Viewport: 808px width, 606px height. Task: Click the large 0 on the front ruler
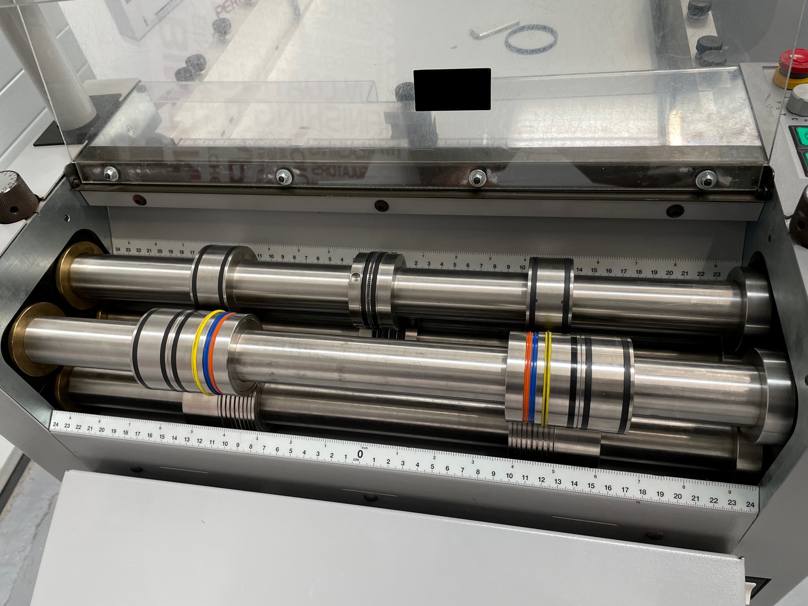coord(360,454)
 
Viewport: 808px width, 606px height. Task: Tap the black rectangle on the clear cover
coord(452,89)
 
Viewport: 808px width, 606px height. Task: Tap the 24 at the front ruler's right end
coord(750,504)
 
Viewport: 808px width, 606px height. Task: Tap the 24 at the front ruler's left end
coord(56,424)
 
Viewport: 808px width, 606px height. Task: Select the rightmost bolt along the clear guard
coord(706,179)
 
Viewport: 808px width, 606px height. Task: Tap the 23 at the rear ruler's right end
coord(717,274)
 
